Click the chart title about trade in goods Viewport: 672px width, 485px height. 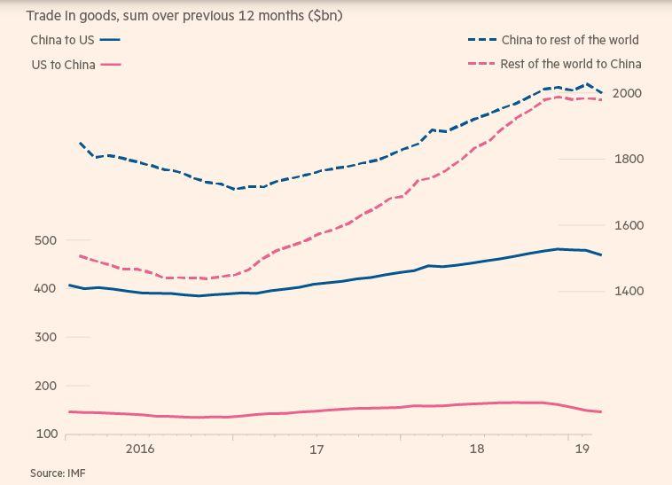(x=184, y=16)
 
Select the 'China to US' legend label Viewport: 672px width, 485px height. (x=62, y=40)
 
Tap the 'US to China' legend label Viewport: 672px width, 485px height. (x=63, y=65)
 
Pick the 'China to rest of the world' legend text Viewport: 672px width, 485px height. (x=570, y=40)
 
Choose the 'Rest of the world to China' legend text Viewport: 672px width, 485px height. (x=571, y=64)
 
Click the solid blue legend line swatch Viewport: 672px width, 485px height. (x=111, y=40)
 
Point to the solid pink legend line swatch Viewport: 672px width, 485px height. (x=111, y=65)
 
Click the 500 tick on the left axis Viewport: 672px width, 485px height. (x=46, y=240)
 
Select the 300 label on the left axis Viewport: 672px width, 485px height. (x=46, y=337)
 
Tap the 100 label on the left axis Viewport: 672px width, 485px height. (x=46, y=434)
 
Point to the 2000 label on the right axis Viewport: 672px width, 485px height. (x=627, y=93)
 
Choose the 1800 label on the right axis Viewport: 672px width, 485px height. (x=627, y=159)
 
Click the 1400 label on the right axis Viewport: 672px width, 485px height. (x=627, y=291)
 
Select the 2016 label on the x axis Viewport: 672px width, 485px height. (x=140, y=450)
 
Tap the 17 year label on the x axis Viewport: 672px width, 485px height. (x=316, y=450)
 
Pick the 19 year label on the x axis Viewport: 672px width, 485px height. (x=582, y=450)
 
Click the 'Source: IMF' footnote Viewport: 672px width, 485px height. (x=58, y=473)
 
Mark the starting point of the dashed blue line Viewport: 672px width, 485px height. (x=81, y=142)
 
